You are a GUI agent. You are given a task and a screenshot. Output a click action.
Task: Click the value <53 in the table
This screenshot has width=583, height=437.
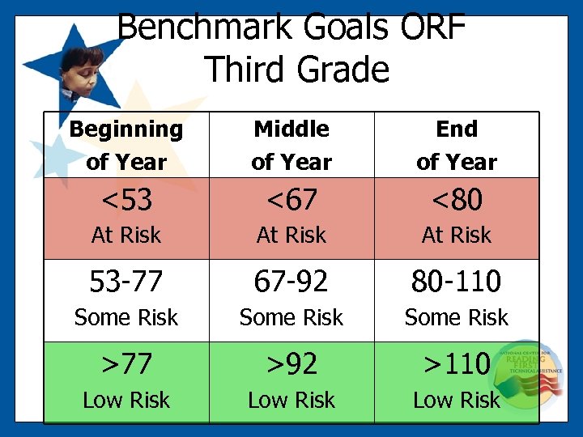126,199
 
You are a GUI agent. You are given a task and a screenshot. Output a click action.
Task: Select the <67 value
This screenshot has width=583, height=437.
291,199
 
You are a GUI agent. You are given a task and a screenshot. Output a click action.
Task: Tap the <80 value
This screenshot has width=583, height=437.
457,199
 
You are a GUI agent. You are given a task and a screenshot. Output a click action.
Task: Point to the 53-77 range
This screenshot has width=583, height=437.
126,282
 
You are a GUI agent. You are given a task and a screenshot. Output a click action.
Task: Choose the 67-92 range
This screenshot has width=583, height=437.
291,282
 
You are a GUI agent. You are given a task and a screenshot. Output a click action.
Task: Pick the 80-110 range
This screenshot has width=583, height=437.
457,282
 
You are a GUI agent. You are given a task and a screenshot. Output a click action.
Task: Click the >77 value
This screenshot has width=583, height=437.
126,364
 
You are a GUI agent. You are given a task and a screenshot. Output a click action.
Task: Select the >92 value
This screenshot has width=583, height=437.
291,364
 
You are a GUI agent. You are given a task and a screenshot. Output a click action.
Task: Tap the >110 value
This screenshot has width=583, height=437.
457,364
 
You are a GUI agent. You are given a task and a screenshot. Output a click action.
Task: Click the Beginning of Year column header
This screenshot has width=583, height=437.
126,145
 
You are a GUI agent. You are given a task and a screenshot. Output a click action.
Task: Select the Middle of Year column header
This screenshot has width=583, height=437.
291,145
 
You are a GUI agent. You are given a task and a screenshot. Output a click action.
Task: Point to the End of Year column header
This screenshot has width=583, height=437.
457,145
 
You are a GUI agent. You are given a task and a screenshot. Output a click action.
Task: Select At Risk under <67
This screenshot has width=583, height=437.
291,235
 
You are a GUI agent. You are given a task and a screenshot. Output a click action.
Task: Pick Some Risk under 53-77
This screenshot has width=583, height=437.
126,318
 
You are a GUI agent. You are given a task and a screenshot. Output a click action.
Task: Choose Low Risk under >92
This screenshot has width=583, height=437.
291,401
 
